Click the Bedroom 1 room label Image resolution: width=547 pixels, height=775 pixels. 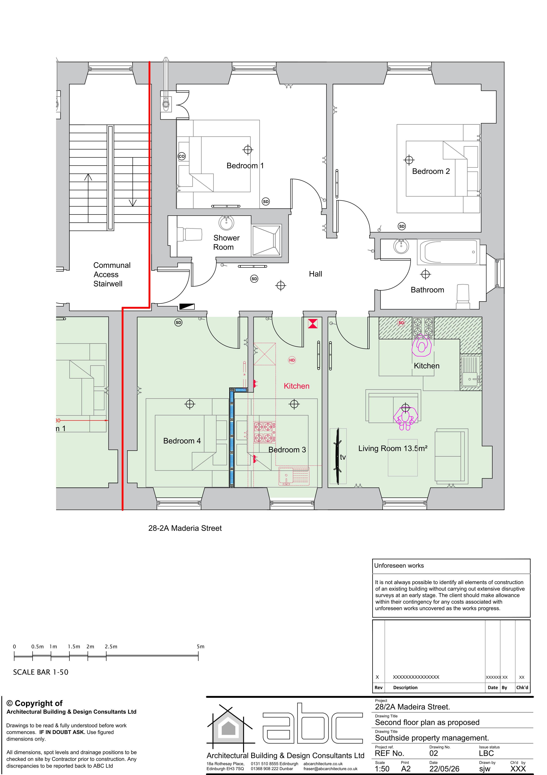tap(245, 166)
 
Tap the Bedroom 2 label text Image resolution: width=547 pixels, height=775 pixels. tap(431, 171)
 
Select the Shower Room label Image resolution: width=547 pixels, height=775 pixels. tap(226, 242)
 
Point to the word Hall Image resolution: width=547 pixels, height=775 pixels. tap(315, 274)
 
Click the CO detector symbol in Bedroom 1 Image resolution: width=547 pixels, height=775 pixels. tap(182, 156)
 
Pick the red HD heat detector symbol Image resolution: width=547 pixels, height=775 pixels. tap(292, 360)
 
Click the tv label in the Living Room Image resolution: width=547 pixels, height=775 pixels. tap(343, 457)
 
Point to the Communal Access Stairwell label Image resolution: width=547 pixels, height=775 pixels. tap(112, 274)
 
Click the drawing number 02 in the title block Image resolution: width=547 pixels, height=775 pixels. tap(433, 753)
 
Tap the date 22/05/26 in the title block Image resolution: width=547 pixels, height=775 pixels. tap(444, 769)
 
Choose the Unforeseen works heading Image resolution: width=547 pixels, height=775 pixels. tap(399, 565)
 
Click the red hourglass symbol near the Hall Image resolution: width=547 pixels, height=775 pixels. tap(313, 324)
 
